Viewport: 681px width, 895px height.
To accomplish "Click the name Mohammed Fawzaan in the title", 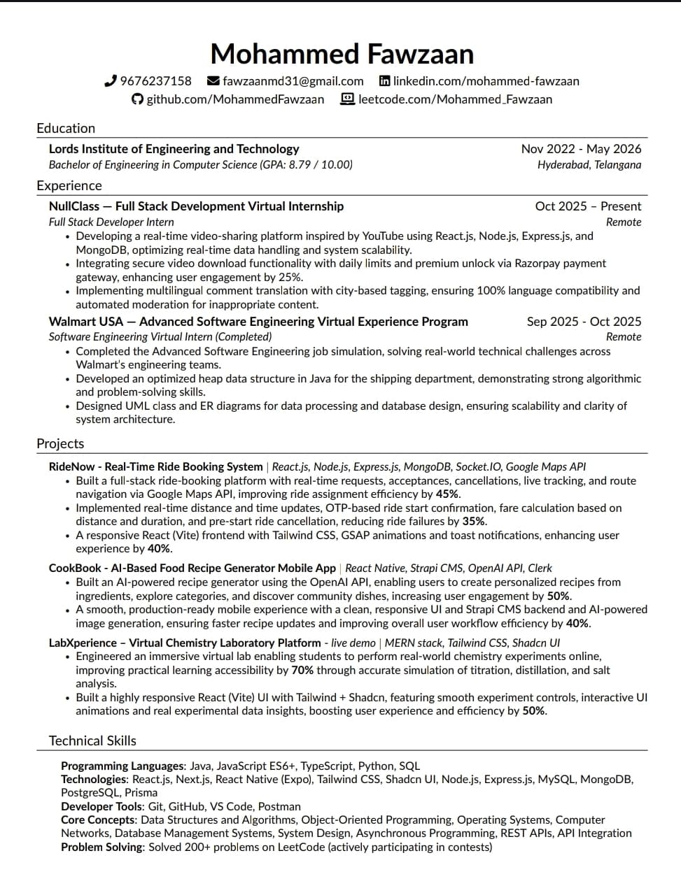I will [342, 54].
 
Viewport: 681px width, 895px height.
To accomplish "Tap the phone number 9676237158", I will [155, 81].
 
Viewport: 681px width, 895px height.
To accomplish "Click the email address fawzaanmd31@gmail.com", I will [293, 81].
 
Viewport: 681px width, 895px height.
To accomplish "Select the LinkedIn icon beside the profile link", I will [384, 81].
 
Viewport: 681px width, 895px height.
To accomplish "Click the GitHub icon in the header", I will [137, 99].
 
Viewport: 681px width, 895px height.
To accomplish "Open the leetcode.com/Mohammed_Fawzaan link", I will [455, 99].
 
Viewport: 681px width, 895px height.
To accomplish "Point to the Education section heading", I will [66, 128].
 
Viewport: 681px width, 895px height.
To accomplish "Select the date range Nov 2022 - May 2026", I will [580, 149].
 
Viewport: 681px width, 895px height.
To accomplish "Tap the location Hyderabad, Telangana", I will [589, 165].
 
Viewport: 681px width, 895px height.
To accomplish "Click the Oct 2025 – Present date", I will [587, 206].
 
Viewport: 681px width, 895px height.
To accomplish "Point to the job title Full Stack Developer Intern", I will [111, 222].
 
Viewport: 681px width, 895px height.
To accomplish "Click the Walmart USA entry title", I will [258, 322].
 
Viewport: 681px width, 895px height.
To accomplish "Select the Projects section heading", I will [60, 443].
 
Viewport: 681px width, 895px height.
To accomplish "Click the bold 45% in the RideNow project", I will [447, 494].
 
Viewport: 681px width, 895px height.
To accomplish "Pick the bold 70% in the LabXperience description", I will [302, 670].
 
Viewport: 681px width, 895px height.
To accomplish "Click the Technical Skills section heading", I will [92, 740].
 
